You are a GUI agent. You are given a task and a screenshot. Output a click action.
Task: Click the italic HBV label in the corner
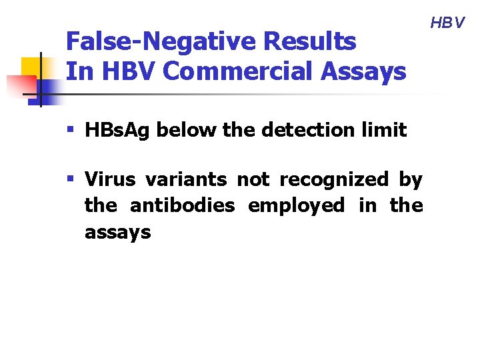point(447,23)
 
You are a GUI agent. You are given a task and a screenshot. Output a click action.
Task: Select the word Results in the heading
point(311,42)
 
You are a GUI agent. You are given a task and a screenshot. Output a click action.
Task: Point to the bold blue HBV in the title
point(127,71)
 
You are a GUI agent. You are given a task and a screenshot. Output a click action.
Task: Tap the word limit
point(383,129)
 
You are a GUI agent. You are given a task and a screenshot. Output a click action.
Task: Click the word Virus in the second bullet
point(109,180)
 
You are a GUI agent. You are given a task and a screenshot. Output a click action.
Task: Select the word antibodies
point(182,206)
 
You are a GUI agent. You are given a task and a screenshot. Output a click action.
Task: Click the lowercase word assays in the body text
point(117,233)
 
